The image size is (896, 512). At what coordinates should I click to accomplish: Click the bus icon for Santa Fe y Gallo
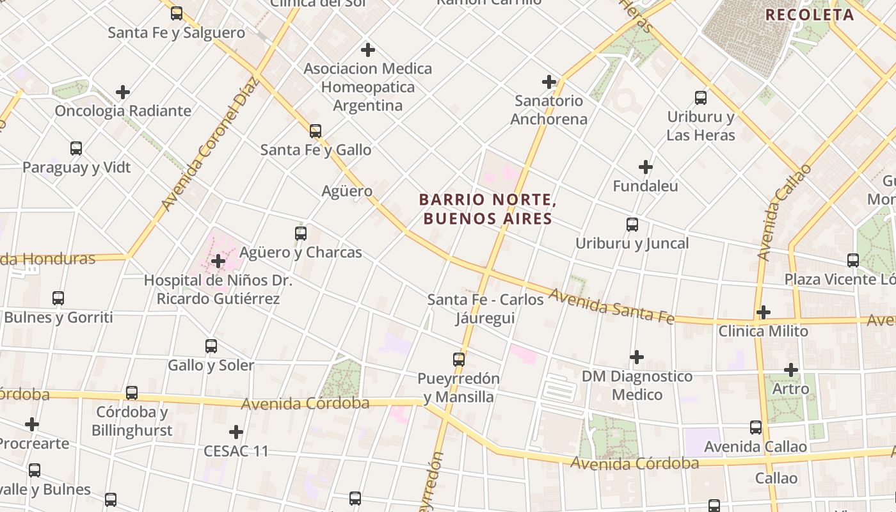(x=315, y=131)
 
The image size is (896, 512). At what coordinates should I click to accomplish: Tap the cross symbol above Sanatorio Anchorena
(x=548, y=82)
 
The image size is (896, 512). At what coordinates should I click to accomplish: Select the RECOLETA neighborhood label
(x=810, y=15)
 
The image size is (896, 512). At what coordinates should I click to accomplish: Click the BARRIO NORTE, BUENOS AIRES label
(x=487, y=209)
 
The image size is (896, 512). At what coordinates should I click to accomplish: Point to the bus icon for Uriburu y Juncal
(x=632, y=225)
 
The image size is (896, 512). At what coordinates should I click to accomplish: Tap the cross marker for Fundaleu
(x=646, y=168)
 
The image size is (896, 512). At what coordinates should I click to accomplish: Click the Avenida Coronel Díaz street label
(x=209, y=144)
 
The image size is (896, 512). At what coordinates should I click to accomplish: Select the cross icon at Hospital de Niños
(x=218, y=261)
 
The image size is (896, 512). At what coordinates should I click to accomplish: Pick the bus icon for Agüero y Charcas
(x=301, y=234)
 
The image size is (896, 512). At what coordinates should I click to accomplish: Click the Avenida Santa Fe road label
(x=611, y=306)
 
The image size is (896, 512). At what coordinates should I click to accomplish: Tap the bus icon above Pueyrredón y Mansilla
(x=459, y=360)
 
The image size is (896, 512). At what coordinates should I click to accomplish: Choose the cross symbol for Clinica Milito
(x=763, y=312)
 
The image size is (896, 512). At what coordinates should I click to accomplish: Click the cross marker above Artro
(x=791, y=370)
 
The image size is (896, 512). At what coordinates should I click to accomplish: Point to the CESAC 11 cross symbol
(x=236, y=432)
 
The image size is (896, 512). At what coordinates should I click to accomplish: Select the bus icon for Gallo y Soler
(x=211, y=346)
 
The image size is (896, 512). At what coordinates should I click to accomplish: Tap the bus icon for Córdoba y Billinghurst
(x=132, y=393)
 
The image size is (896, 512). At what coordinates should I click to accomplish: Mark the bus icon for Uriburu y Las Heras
(x=701, y=98)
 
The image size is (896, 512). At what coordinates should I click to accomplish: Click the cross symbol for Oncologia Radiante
(x=123, y=92)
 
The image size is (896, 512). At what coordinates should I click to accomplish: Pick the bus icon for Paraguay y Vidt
(x=76, y=148)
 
